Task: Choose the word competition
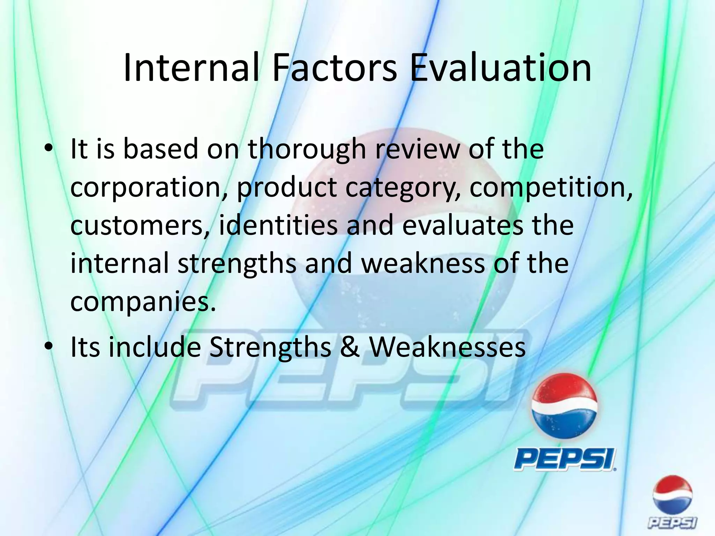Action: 551,188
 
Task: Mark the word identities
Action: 278,225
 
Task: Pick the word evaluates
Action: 463,225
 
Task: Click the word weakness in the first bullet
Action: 423,263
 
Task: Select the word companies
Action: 142,302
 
